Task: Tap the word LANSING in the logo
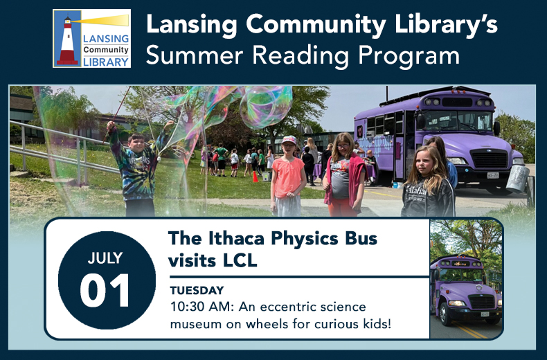106,39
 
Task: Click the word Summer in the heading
195,55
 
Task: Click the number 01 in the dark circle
105,290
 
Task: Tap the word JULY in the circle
105,258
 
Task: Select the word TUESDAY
197,290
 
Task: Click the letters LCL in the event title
240,260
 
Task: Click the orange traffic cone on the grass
255,177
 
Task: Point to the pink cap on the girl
289,140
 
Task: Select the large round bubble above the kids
266,107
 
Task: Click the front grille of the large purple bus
489,159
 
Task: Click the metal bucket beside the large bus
517,178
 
